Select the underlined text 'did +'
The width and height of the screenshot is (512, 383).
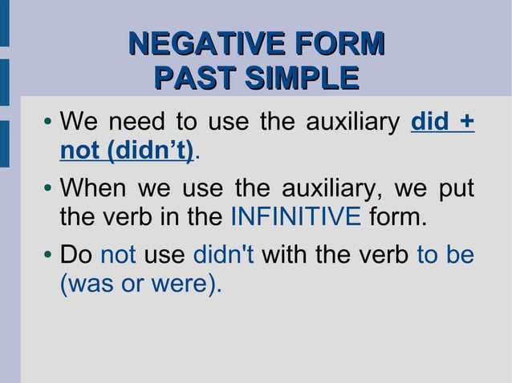(x=441, y=123)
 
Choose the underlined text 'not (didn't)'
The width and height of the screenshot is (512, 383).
(x=127, y=151)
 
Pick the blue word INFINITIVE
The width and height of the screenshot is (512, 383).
(x=295, y=217)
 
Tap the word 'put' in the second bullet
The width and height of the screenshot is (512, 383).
(x=455, y=191)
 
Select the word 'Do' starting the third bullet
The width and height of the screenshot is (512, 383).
(x=76, y=256)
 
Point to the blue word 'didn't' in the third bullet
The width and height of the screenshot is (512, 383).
(x=224, y=256)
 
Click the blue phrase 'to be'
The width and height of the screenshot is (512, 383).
(x=445, y=256)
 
